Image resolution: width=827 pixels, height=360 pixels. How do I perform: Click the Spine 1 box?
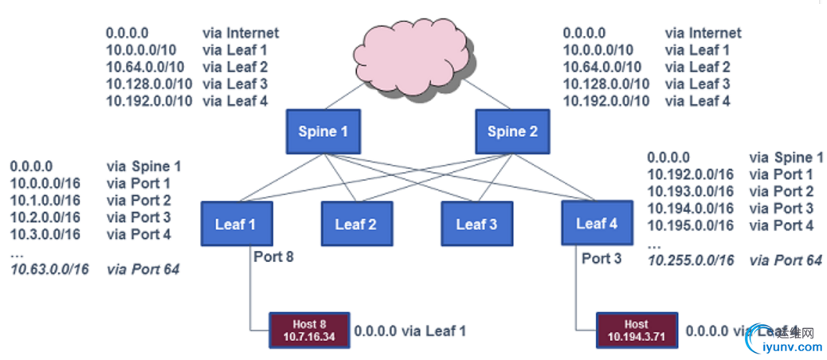click(x=323, y=131)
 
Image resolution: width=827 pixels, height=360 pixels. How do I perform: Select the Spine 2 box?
click(x=511, y=131)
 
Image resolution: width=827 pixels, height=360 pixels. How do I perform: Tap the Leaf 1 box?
click(x=237, y=224)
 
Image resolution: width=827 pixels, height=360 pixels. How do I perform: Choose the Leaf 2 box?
click(x=355, y=224)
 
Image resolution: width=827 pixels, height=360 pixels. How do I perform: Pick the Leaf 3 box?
click(x=476, y=224)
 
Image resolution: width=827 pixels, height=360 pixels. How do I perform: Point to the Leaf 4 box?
click(x=597, y=223)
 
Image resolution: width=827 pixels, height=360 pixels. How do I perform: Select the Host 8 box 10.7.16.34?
click(x=308, y=330)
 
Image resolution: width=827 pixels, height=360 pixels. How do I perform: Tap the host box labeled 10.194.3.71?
click(x=636, y=330)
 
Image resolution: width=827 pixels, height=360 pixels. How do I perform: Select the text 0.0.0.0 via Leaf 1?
click(x=410, y=330)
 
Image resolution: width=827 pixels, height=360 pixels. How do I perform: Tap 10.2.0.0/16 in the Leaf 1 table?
click(x=45, y=217)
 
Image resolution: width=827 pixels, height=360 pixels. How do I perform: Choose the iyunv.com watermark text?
click(x=792, y=347)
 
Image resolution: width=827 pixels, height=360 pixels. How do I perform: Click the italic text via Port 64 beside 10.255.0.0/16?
click(x=786, y=260)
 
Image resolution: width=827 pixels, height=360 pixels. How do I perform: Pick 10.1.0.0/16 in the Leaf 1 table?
click(x=45, y=201)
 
